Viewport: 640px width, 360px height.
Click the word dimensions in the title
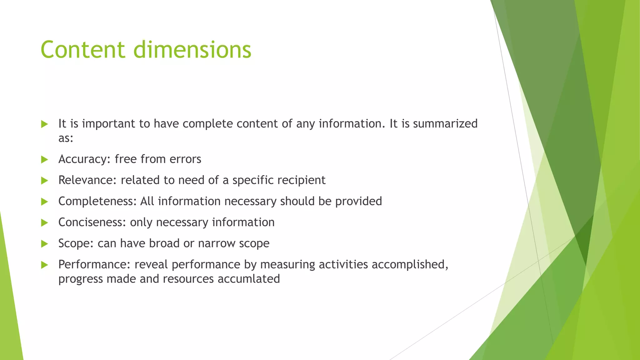[x=192, y=50]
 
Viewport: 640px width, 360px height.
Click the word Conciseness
[x=92, y=222]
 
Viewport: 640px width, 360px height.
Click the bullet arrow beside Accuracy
[x=44, y=160]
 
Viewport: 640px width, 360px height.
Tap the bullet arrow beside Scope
[x=44, y=244]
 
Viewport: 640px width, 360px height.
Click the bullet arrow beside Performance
[x=44, y=265]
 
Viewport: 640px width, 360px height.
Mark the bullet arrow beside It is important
[x=44, y=124]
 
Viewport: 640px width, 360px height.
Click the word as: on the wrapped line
[x=66, y=138]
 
